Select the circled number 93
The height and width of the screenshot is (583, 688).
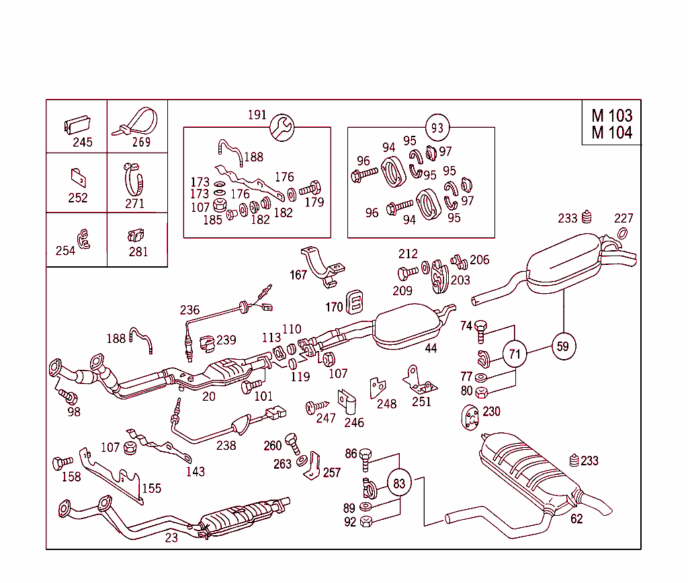pos(437,127)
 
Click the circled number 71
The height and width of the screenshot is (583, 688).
pos(515,354)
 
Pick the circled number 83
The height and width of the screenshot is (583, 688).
pos(400,483)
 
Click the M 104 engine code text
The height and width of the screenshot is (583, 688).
pos(611,133)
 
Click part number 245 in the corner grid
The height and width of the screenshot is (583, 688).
pos(83,143)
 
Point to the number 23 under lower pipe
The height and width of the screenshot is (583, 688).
pos(171,537)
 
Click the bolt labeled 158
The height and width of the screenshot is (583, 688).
pos(62,463)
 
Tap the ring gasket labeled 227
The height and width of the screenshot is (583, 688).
pos(623,233)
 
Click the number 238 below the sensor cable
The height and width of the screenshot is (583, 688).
pos(226,445)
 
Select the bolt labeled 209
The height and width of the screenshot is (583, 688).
pos(403,273)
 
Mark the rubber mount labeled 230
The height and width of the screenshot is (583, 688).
pos(470,417)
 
